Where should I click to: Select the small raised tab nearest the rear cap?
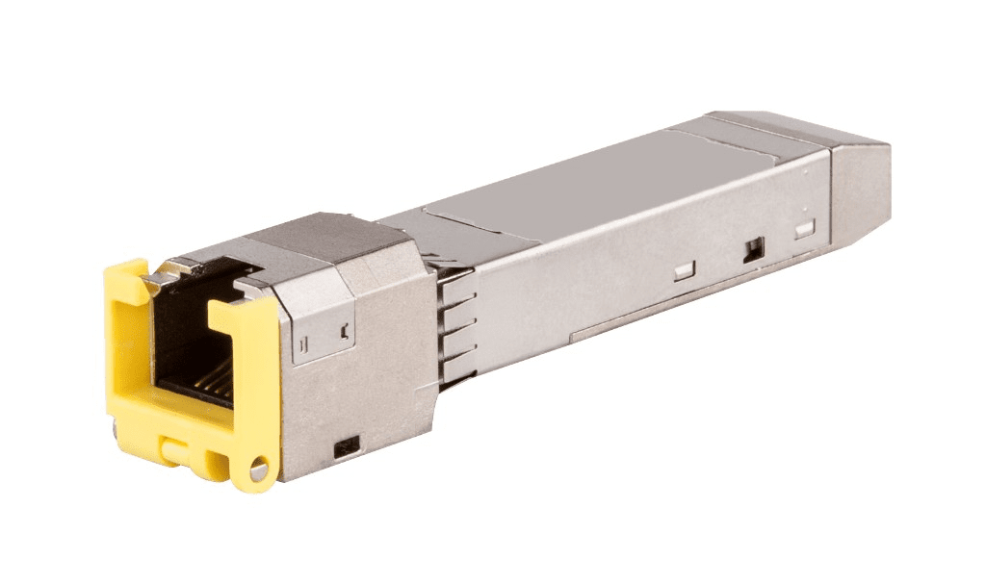(x=805, y=228)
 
